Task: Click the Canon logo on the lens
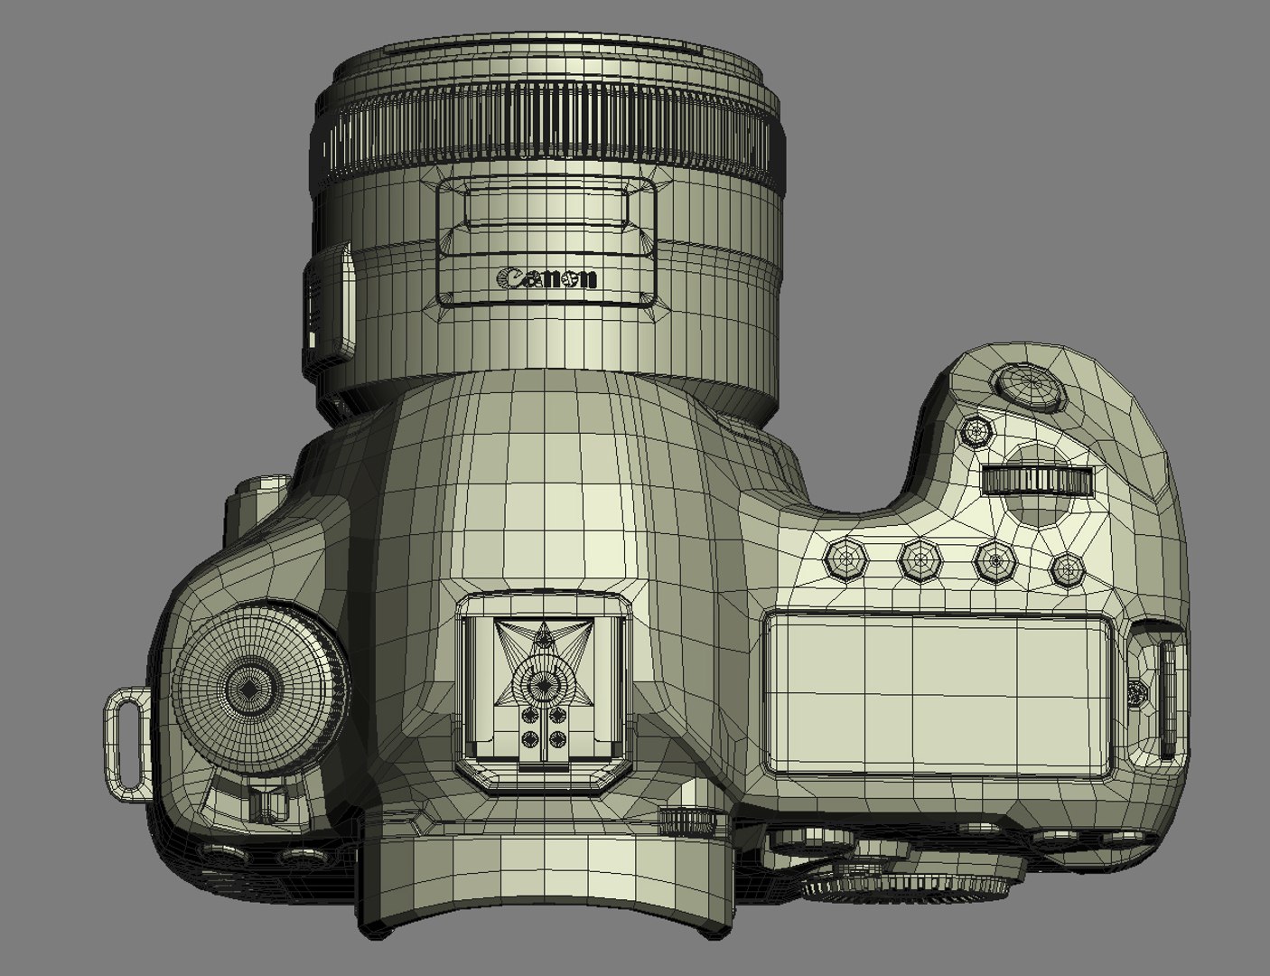pos(546,278)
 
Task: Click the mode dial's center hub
pos(249,690)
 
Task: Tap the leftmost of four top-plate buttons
pos(845,560)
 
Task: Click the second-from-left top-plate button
pos(920,560)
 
